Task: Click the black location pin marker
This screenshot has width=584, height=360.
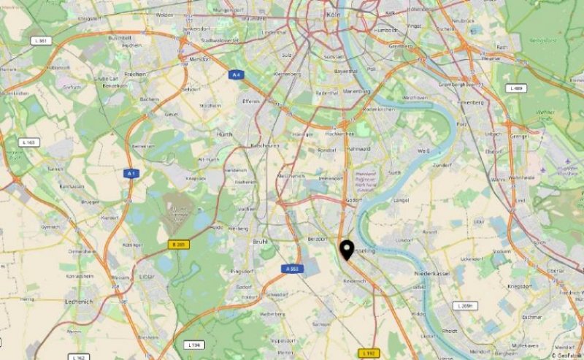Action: (347, 250)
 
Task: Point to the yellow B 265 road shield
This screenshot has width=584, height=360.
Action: (179, 244)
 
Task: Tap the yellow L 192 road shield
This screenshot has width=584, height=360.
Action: (369, 353)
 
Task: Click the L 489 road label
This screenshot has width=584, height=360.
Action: (516, 88)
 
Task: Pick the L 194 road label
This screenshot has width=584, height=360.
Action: (193, 344)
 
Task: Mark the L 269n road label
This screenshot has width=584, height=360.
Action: (464, 305)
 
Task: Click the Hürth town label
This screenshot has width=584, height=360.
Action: (225, 134)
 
